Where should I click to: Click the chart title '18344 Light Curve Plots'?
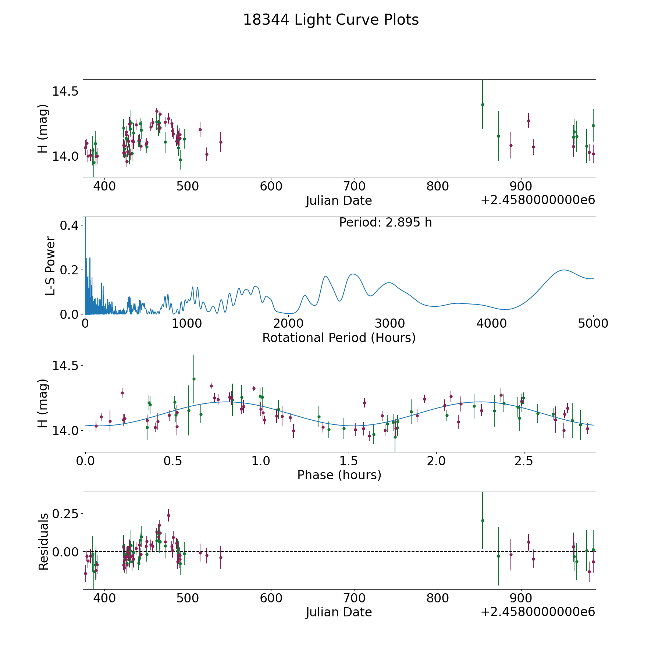331,20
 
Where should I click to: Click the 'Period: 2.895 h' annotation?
385,223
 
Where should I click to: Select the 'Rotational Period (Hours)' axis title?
339,338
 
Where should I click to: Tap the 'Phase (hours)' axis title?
339,475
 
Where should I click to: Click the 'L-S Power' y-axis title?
50,266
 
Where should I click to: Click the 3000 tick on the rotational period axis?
389,324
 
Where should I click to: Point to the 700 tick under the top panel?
354,186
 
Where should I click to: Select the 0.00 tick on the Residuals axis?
65,552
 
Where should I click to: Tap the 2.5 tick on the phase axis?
524,461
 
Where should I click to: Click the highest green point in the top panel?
483,104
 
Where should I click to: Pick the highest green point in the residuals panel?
483,520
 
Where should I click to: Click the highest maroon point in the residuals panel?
168,515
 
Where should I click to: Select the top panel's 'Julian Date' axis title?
339,201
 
